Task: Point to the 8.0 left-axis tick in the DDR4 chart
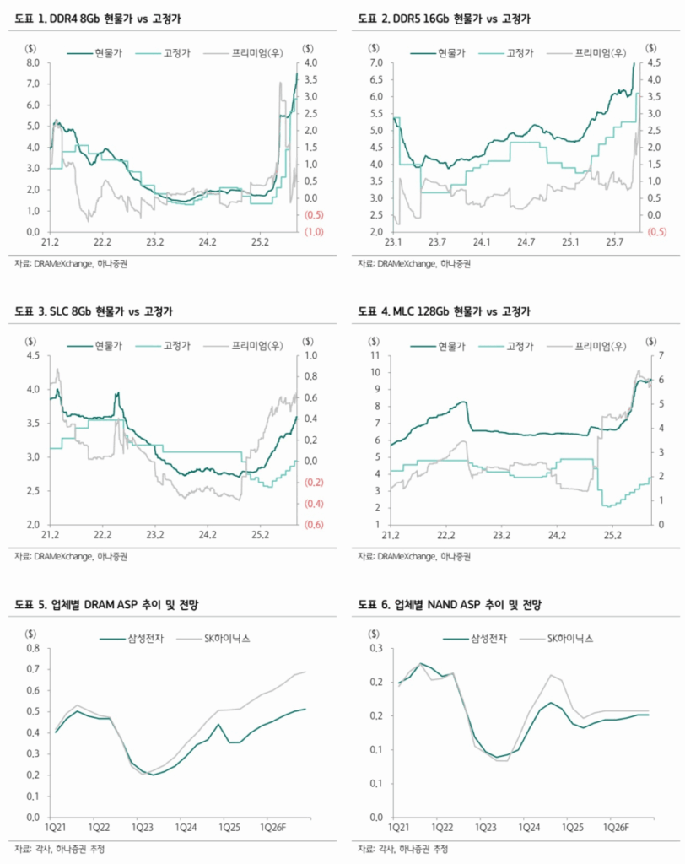coord(34,63)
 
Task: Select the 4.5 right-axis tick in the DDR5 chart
coord(652,63)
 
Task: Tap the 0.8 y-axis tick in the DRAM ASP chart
coord(34,649)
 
